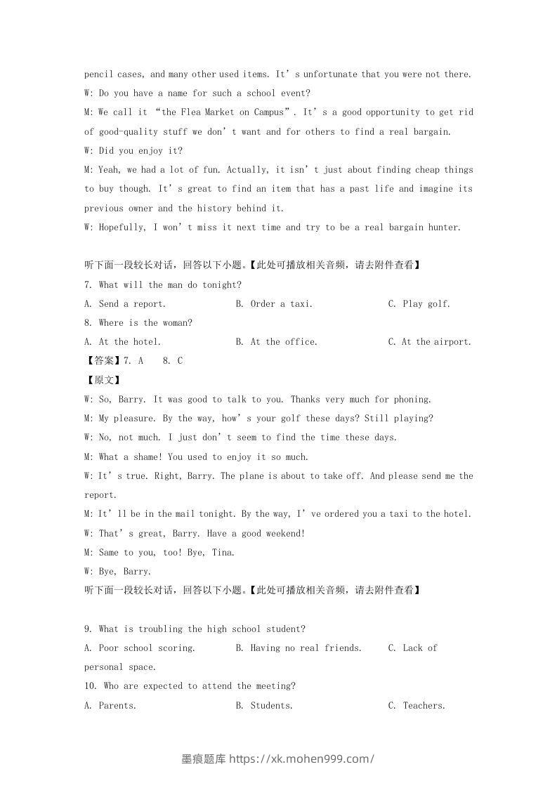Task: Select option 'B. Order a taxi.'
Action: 274,304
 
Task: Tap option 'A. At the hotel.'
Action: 122,342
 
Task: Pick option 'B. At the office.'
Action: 276,342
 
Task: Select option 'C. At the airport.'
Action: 429,342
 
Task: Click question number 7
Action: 88,285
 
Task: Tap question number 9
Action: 88,629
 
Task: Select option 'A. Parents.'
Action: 110,706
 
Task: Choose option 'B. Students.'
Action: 264,706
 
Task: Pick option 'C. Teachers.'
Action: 417,706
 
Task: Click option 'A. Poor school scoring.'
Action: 140,648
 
